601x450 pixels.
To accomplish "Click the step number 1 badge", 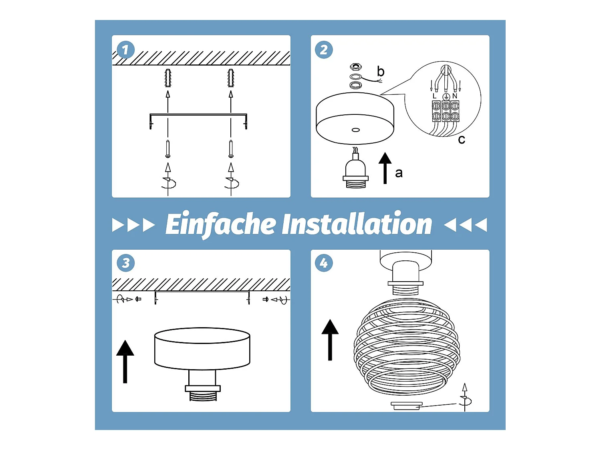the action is coord(125,50).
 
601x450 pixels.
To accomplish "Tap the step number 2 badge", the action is coord(324,50).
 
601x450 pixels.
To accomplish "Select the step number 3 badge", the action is coord(125,263).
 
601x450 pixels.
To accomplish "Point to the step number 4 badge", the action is coord(324,263).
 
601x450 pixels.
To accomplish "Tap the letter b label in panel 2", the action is coord(381,71).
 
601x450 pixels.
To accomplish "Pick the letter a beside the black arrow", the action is coord(399,173).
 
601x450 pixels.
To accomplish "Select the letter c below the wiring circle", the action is coord(461,140).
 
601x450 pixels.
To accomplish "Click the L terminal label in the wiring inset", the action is coord(434,96).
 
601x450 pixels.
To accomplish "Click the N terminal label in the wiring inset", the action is coord(455,96).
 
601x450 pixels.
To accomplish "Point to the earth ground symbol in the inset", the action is coord(446,96).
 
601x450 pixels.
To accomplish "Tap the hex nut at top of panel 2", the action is coord(356,67).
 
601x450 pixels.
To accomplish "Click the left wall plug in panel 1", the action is coord(168,78).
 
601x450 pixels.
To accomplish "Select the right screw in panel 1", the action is coord(231,149).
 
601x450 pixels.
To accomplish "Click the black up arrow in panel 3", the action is coord(125,362).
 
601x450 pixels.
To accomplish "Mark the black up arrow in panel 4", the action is coord(330,340).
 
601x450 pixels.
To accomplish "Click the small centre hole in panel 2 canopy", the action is coord(356,130).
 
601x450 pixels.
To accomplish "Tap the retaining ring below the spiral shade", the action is coord(407,406).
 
